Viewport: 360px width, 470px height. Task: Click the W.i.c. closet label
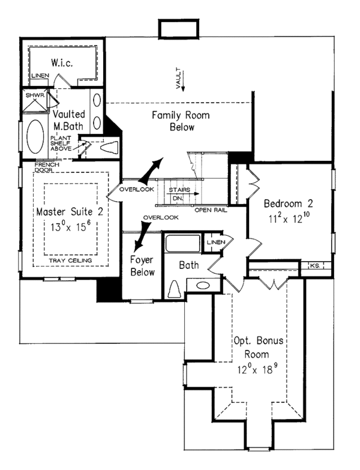click(x=62, y=62)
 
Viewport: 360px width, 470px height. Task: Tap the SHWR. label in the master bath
click(x=35, y=95)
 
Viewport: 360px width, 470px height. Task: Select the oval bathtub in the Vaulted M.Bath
click(x=35, y=137)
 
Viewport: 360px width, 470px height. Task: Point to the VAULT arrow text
click(x=179, y=78)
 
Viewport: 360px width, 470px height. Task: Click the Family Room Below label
click(x=181, y=121)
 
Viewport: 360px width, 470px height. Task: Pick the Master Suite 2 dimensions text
click(x=70, y=226)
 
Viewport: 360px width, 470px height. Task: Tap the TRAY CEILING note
click(x=70, y=261)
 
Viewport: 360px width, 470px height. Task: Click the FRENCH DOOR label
click(x=47, y=167)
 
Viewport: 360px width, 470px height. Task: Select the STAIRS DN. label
click(x=179, y=194)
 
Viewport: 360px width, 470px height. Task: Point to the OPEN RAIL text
click(x=211, y=210)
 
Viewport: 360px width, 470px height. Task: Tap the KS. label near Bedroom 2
click(x=316, y=265)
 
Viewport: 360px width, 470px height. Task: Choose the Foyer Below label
click(x=142, y=266)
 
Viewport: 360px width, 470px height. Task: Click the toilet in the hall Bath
click(x=175, y=289)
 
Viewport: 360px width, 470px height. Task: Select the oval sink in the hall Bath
click(x=203, y=285)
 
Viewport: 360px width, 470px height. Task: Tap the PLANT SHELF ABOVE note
click(x=61, y=143)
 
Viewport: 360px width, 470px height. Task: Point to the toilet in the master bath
click(x=109, y=148)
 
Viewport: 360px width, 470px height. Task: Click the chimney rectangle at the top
click(x=179, y=29)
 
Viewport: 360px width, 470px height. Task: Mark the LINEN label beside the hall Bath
click(x=216, y=242)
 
